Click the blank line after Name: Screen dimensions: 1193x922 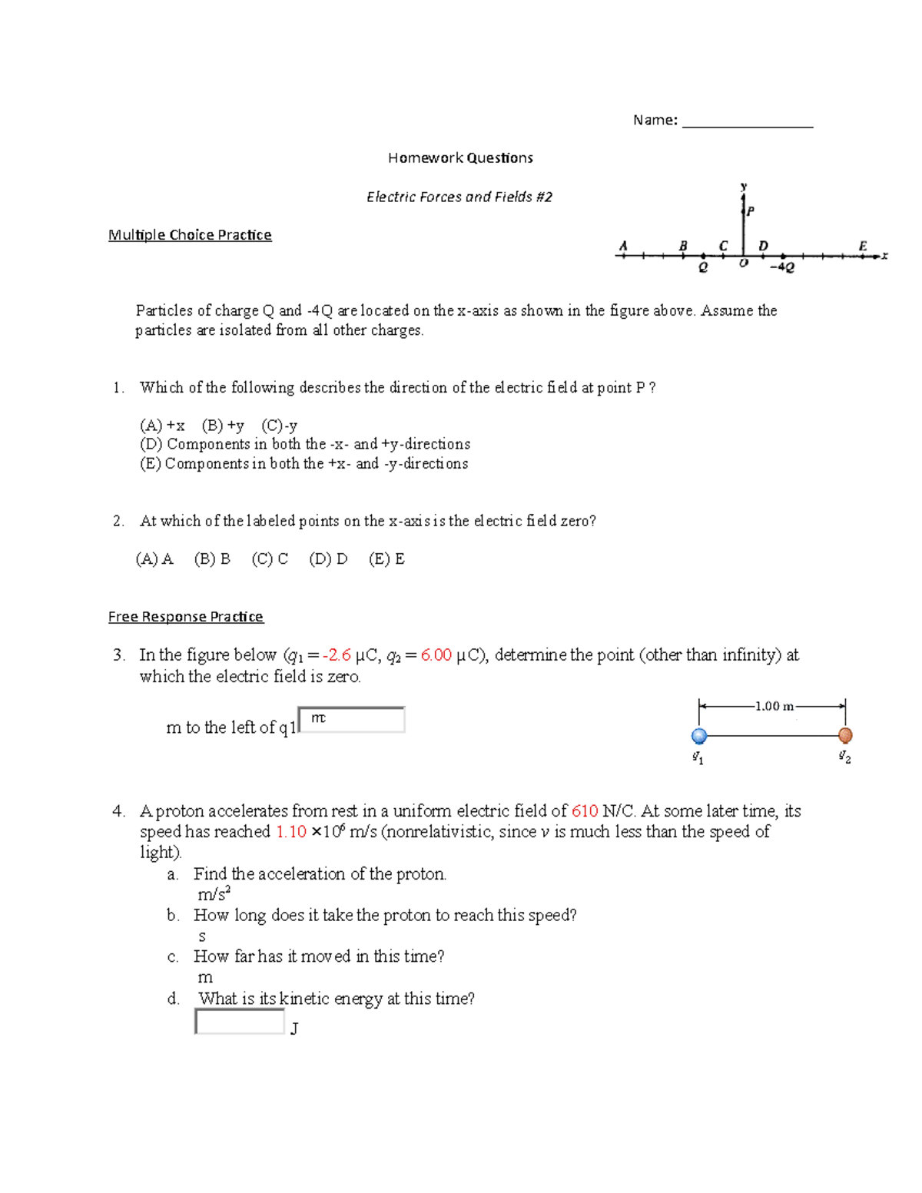(x=747, y=123)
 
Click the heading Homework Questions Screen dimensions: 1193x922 (x=460, y=158)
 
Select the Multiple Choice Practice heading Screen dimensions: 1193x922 (x=190, y=235)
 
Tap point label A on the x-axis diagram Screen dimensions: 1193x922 (x=623, y=246)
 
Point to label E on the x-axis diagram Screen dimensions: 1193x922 (x=862, y=246)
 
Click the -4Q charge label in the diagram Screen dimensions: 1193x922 (x=781, y=268)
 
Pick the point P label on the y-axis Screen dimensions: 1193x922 (x=751, y=210)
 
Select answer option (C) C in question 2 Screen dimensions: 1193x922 (x=270, y=559)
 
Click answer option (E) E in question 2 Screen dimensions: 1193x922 (x=386, y=559)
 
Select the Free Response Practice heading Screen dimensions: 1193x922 (x=186, y=617)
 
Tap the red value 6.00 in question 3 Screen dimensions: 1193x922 (x=436, y=655)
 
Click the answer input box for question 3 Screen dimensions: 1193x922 (x=352, y=720)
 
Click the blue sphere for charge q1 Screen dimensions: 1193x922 (x=699, y=736)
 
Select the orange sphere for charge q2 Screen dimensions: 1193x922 (x=845, y=735)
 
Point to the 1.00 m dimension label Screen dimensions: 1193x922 (x=774, y=706)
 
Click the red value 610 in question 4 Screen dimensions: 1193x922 (x=585, y=811)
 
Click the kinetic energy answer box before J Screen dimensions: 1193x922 (x=240, y=1022)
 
